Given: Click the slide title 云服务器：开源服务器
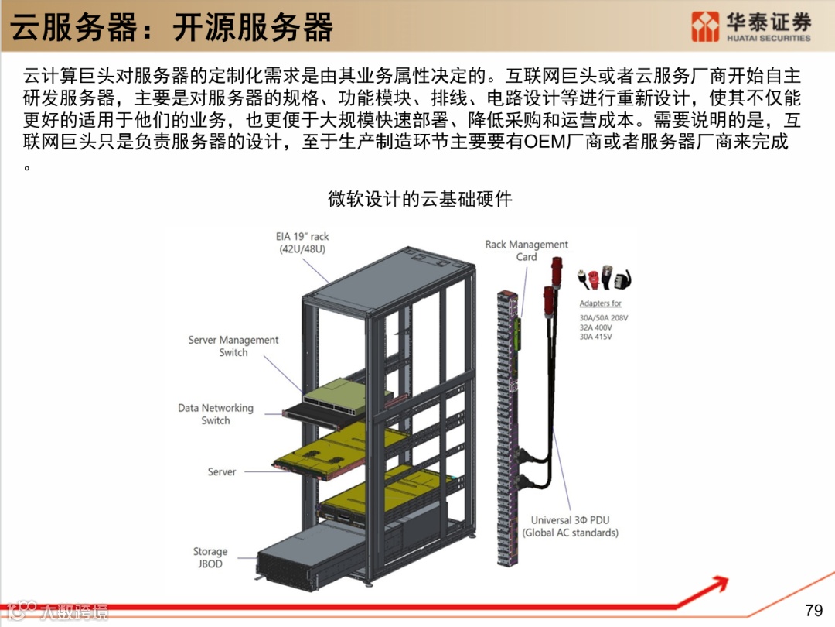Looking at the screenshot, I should (x=172, y=27).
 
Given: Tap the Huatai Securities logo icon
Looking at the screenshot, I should (x=704, y=26).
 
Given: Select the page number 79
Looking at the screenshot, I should (x=813, y=609).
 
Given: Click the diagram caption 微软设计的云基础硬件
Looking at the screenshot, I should (x=420, y=199).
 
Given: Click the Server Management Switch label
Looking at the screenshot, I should (x=233, y=346).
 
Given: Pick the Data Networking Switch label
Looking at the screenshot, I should (x=216, y=414).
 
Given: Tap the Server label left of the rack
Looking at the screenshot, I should (x=222, y=471).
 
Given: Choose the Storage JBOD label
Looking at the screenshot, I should (x=210, y=557).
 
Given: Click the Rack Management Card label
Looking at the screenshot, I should (x=527, y=250).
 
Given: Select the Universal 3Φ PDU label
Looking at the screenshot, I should (x=570, y=526).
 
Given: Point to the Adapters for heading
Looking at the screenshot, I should (x=601, y=303).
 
